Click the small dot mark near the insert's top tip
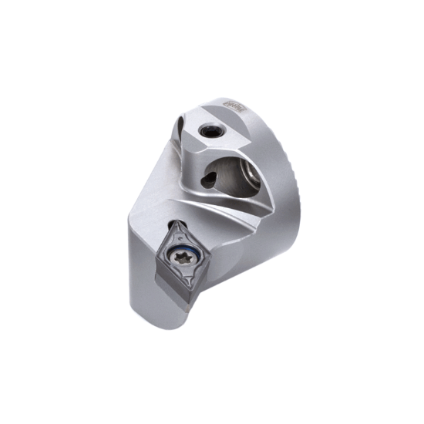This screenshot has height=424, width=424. click(x=179, y=231)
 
